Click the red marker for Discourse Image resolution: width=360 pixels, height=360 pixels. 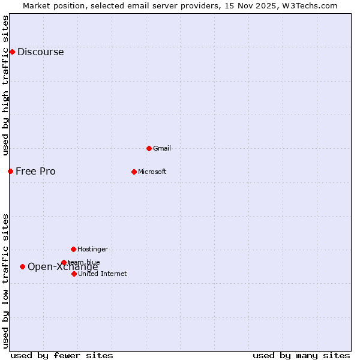[x=12, y=52]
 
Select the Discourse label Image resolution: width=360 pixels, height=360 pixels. [x=40, y=52]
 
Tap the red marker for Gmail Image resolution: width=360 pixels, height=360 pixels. [x=149, y=148]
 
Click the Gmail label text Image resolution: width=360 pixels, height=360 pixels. [x=162, y=148]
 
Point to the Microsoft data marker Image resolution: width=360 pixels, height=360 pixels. [x=134, y=172]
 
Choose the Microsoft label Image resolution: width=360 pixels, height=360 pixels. [x=152, y=172]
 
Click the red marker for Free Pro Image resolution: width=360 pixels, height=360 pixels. [x=10, y=171]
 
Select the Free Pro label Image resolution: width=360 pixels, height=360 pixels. [x=35, y=171]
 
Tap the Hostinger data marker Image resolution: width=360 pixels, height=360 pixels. [x=73, y=249]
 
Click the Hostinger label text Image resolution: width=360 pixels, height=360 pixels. [x=92, y=249]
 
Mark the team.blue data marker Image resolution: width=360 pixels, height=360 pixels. [x=64, y=262]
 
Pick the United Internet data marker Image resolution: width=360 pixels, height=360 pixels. [x=74, y=274]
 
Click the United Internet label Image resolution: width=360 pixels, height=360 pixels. [x=102, y=274]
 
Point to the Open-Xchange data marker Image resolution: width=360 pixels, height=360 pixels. [x=22, y=266]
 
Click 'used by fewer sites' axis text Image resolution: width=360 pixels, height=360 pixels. [x=62, y=355]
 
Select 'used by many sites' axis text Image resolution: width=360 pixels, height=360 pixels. [x=301, y=355]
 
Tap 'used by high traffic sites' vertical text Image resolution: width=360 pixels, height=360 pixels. [x=5, y=85]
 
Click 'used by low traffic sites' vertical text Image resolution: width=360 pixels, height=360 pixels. [x=5, y=281]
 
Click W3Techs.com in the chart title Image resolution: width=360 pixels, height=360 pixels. [x=311, y=5]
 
